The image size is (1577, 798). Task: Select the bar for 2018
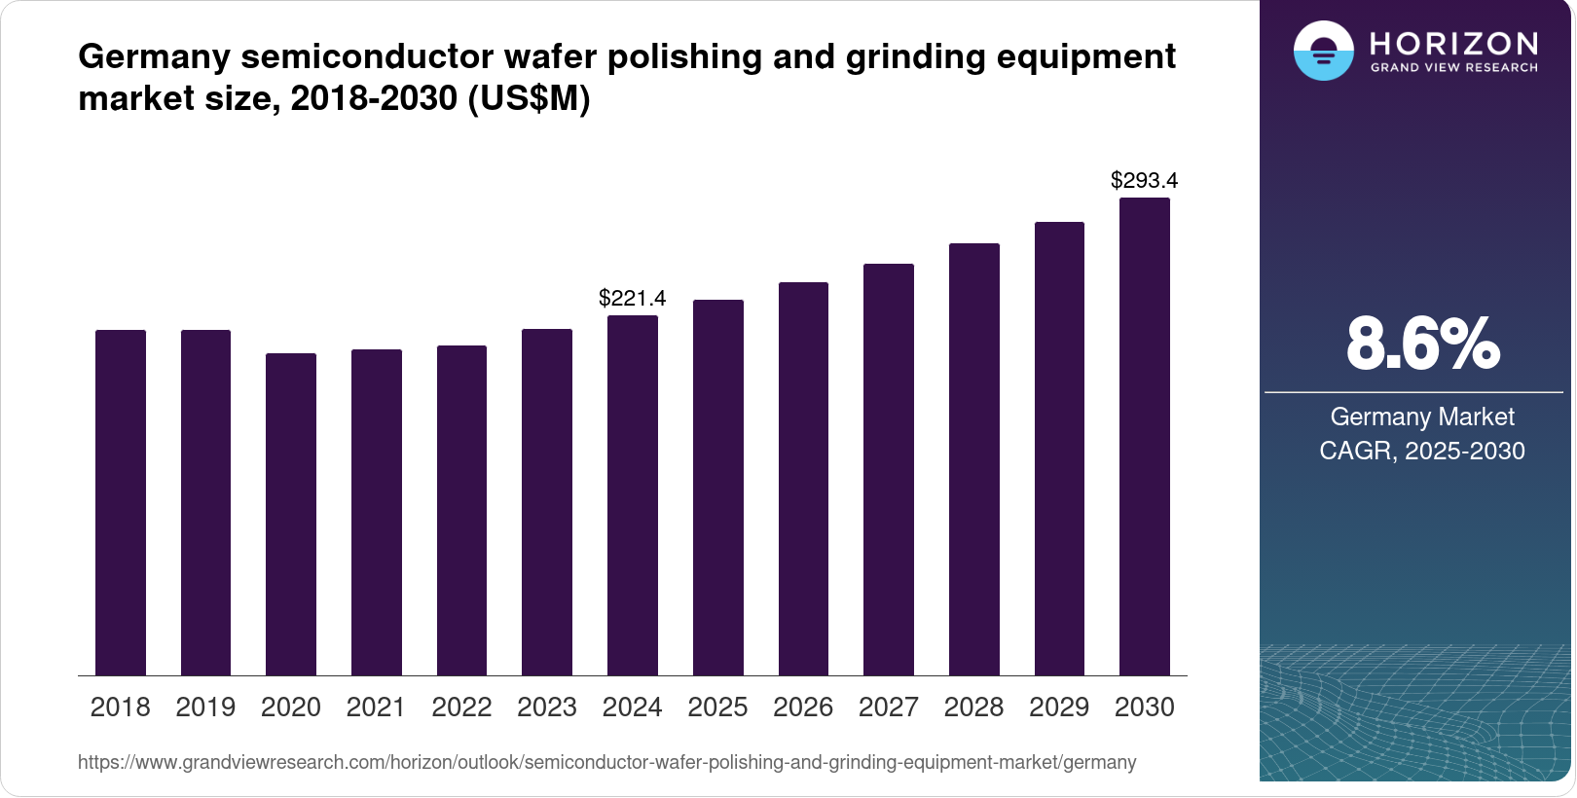[121, 502]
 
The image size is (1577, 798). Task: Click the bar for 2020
[291, 514]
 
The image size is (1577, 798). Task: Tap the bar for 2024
[632, 495]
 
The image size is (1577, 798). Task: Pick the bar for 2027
[888, 469]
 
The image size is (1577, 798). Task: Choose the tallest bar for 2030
[1144, 436]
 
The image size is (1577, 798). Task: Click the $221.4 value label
[632, 298]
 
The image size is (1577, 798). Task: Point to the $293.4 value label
[1144, 180]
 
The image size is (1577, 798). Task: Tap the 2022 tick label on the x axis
[461, 707]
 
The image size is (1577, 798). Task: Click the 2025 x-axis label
[717, 707]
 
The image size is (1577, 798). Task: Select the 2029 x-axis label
[1059, 707]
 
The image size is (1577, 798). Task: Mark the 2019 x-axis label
[205, 707]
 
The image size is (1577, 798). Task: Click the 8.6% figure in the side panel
[1422, 344]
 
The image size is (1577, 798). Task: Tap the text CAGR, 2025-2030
[1422, 451]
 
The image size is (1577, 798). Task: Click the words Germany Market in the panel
[1422, 417]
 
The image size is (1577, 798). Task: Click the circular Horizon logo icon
[1323, 52]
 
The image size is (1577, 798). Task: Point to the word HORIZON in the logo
[1453, 43]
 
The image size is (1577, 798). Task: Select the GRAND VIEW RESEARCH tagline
[1453, 68]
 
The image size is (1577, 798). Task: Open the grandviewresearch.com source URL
[606, 762]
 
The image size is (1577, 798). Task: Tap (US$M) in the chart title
[529, 98]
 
